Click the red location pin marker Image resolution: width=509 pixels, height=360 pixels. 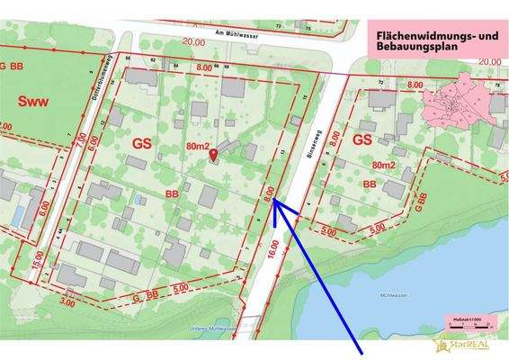click(213, 157)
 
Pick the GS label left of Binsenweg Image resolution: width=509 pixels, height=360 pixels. click(142, 142)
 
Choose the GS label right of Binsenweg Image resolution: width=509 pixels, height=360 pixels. click(362, 140)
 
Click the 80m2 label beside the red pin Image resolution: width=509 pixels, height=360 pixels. click(199, 145)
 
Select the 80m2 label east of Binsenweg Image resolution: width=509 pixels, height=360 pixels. click(384, 166)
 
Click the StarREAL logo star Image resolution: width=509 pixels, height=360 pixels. click(441, 343)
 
